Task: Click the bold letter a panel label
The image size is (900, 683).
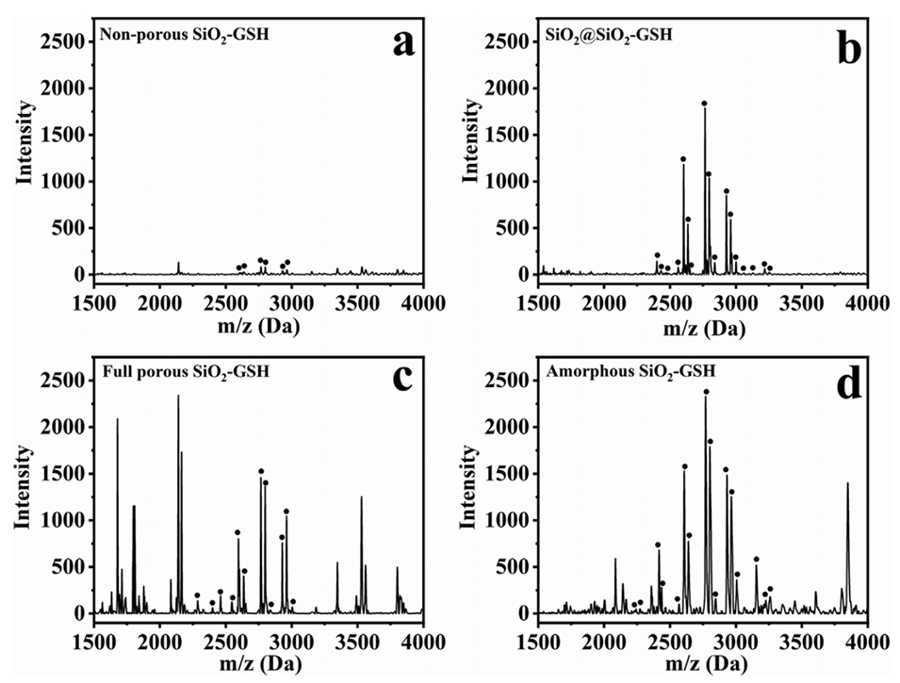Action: (x=404, y=44)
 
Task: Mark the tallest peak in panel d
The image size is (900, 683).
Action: (x=705, y=394)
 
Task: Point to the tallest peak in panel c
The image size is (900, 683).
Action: (x=178, y=396)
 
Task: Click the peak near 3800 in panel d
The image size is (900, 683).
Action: (x=847, y=484)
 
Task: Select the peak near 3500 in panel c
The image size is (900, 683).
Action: (x=361, y=497)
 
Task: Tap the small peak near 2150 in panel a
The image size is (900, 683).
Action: (x=178, y=265)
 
